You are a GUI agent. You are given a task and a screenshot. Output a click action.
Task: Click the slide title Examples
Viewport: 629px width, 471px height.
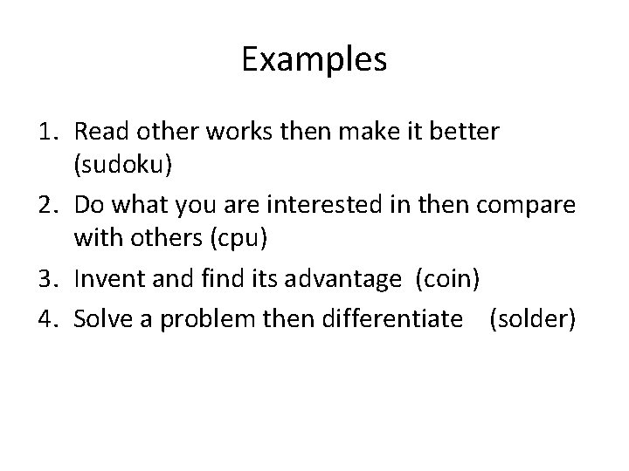(x=314, y=60)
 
